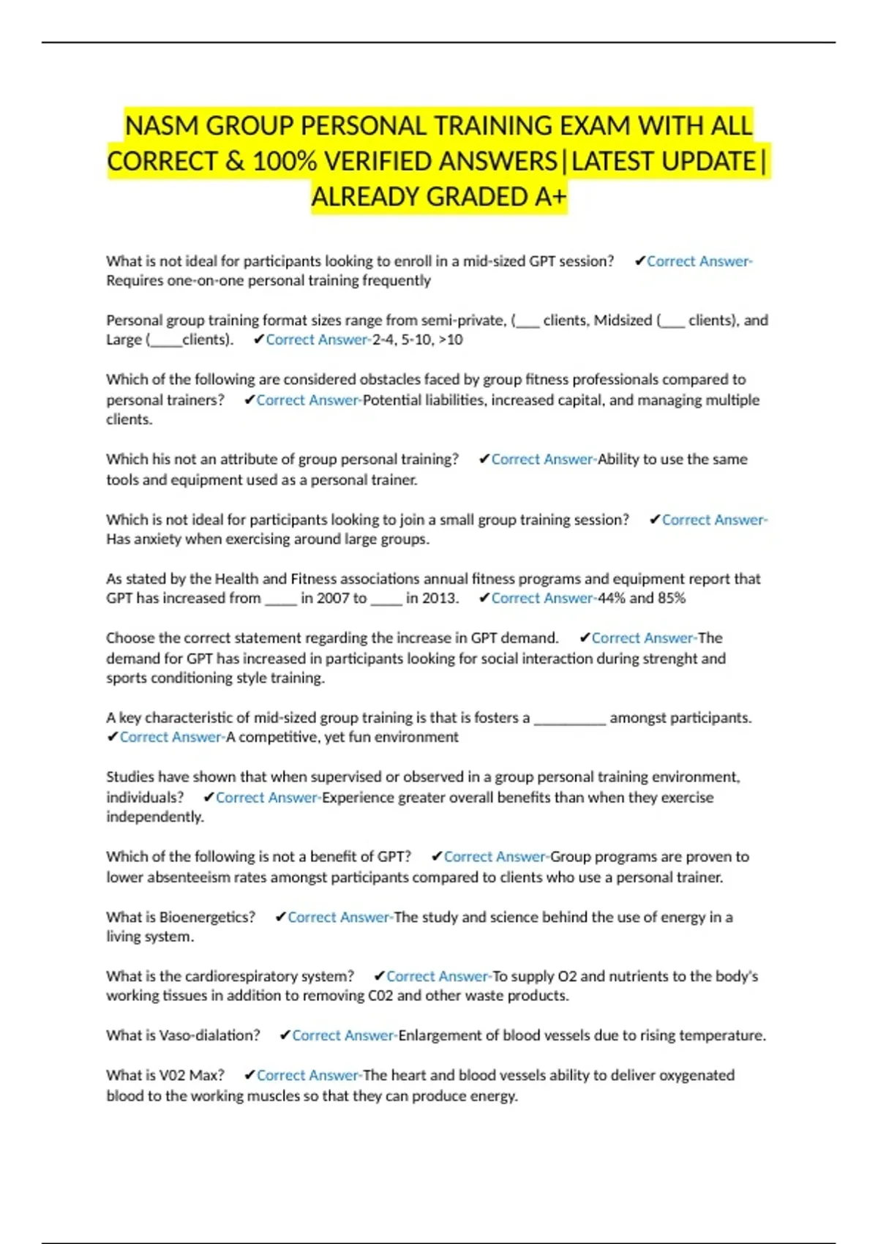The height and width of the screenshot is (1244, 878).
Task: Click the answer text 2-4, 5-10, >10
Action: [x=417, y=340]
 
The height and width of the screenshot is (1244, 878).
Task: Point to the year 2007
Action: [x=334, y=598]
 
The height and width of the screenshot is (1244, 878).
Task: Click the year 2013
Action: [x=438, y=598]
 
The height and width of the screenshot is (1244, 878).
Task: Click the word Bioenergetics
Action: [x=207, y=917]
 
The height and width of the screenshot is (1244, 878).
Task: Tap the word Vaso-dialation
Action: [x=209, y=1035]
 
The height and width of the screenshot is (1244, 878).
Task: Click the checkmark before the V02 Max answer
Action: [x=249, y=1075]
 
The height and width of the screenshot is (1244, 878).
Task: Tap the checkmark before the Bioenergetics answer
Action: [x=280, y=917]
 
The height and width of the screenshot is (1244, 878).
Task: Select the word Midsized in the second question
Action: [x=623, y=320]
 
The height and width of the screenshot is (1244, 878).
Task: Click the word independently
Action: [x=154, y=817]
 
